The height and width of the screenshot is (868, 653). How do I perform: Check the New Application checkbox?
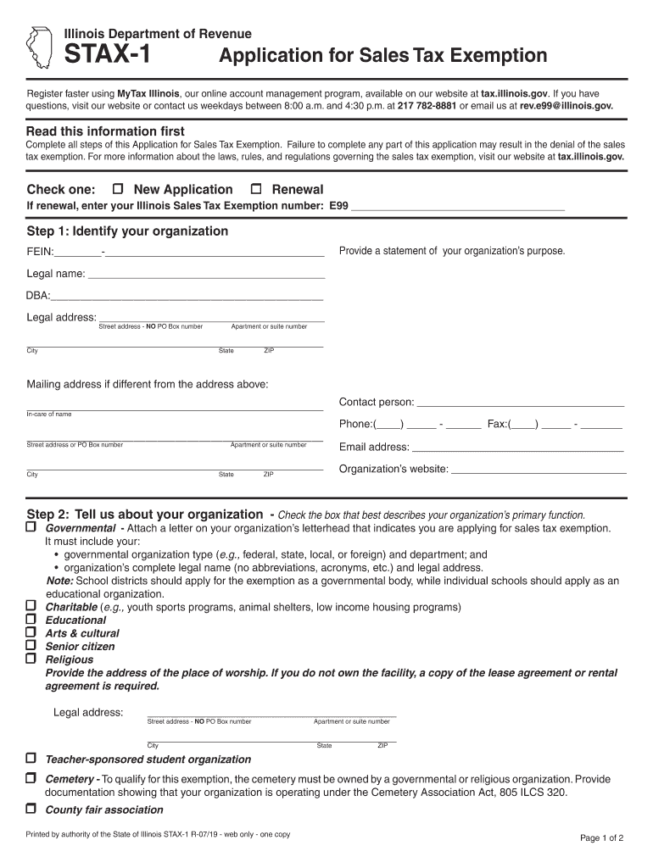coord(118,189)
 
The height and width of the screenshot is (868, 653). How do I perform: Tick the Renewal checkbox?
coord(256,189)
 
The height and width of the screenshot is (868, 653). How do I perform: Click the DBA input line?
coord(187,297)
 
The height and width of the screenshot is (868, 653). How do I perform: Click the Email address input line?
coord(517,448)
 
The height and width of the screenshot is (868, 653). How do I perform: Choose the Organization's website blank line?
coord(539,470)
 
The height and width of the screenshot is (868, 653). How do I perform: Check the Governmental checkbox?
coord(31,527)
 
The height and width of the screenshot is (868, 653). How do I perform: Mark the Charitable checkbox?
coord(31,606)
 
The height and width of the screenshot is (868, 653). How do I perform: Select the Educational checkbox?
coord(31,620)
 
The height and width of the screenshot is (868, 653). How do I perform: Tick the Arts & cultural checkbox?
coord(31,632)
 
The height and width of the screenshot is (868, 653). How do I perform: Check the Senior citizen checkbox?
coord(31,645)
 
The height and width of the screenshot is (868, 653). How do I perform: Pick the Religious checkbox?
coord(31,658)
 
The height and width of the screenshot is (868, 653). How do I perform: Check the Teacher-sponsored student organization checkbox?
coord(31,758)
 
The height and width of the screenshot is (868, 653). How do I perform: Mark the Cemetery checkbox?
coord(31,778)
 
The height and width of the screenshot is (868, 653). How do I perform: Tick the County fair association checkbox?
coord(31,809)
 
